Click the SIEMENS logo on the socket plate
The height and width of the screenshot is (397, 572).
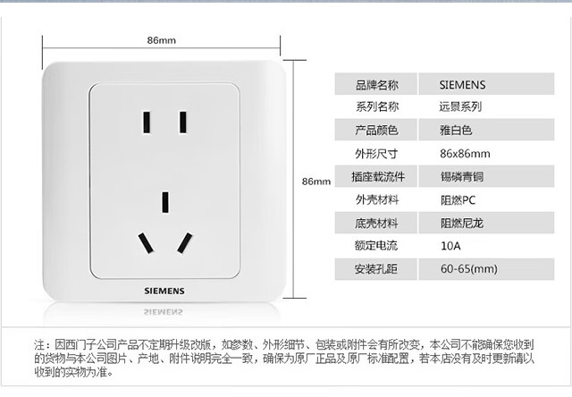[x=165, y=291]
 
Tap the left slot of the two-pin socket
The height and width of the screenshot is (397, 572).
[x=145, y=121]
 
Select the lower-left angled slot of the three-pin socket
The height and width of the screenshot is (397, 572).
[x=144, y=241]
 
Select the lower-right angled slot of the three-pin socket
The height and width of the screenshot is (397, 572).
[x=185, y=241]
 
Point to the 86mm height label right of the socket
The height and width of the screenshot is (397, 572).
[x=316, y=182]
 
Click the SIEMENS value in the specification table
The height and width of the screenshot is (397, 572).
[x=463, y=86]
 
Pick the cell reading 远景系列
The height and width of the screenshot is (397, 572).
[x=461, y=108]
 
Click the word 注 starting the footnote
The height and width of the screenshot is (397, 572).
[x=39, y=344]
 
